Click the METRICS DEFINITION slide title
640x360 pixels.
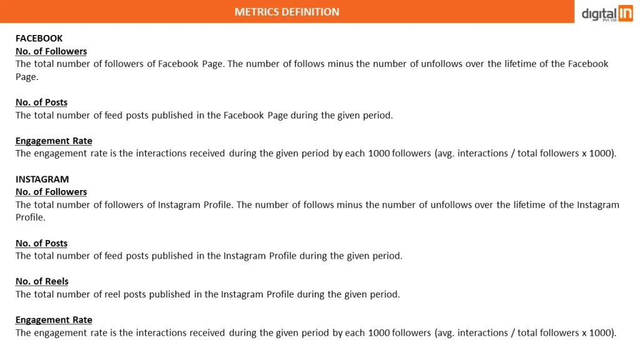[287, 12]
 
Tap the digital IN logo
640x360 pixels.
[607, 13]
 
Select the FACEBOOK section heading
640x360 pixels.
[39, 38]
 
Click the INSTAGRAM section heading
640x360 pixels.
[42, 179]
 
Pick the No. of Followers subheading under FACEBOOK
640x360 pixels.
[51, 51]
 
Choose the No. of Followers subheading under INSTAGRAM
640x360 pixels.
[51, 192]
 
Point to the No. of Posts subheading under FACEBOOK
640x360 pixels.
[41, 102]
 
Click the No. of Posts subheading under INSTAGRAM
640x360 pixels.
[41, 243]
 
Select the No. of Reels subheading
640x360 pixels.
[42, 281]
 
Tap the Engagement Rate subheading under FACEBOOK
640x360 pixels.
[54, 141]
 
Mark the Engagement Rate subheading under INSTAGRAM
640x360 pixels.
[54, 320]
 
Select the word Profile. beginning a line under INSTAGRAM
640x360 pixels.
[31, 217]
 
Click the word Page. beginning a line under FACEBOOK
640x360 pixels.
[27, 77]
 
